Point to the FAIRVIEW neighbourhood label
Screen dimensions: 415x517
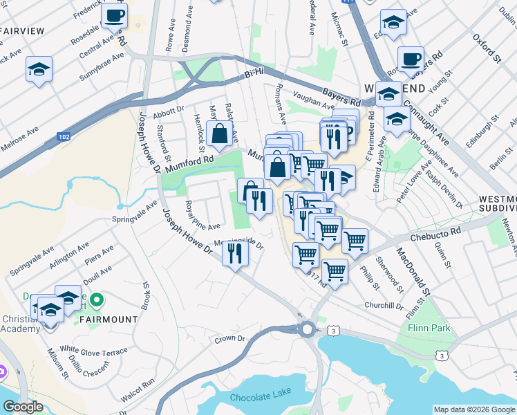[22, 31]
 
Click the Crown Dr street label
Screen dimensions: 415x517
[230, 339]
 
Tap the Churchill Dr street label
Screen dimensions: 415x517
[384, 305]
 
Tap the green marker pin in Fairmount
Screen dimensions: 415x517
[97, 300]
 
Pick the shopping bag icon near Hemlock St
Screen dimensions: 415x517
[219, 134]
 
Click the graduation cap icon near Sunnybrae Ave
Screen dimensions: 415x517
[39, 68]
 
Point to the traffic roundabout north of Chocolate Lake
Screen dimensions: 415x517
[307, 329]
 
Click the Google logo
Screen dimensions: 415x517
[23, 407]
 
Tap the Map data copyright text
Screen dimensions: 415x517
[473, 409]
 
